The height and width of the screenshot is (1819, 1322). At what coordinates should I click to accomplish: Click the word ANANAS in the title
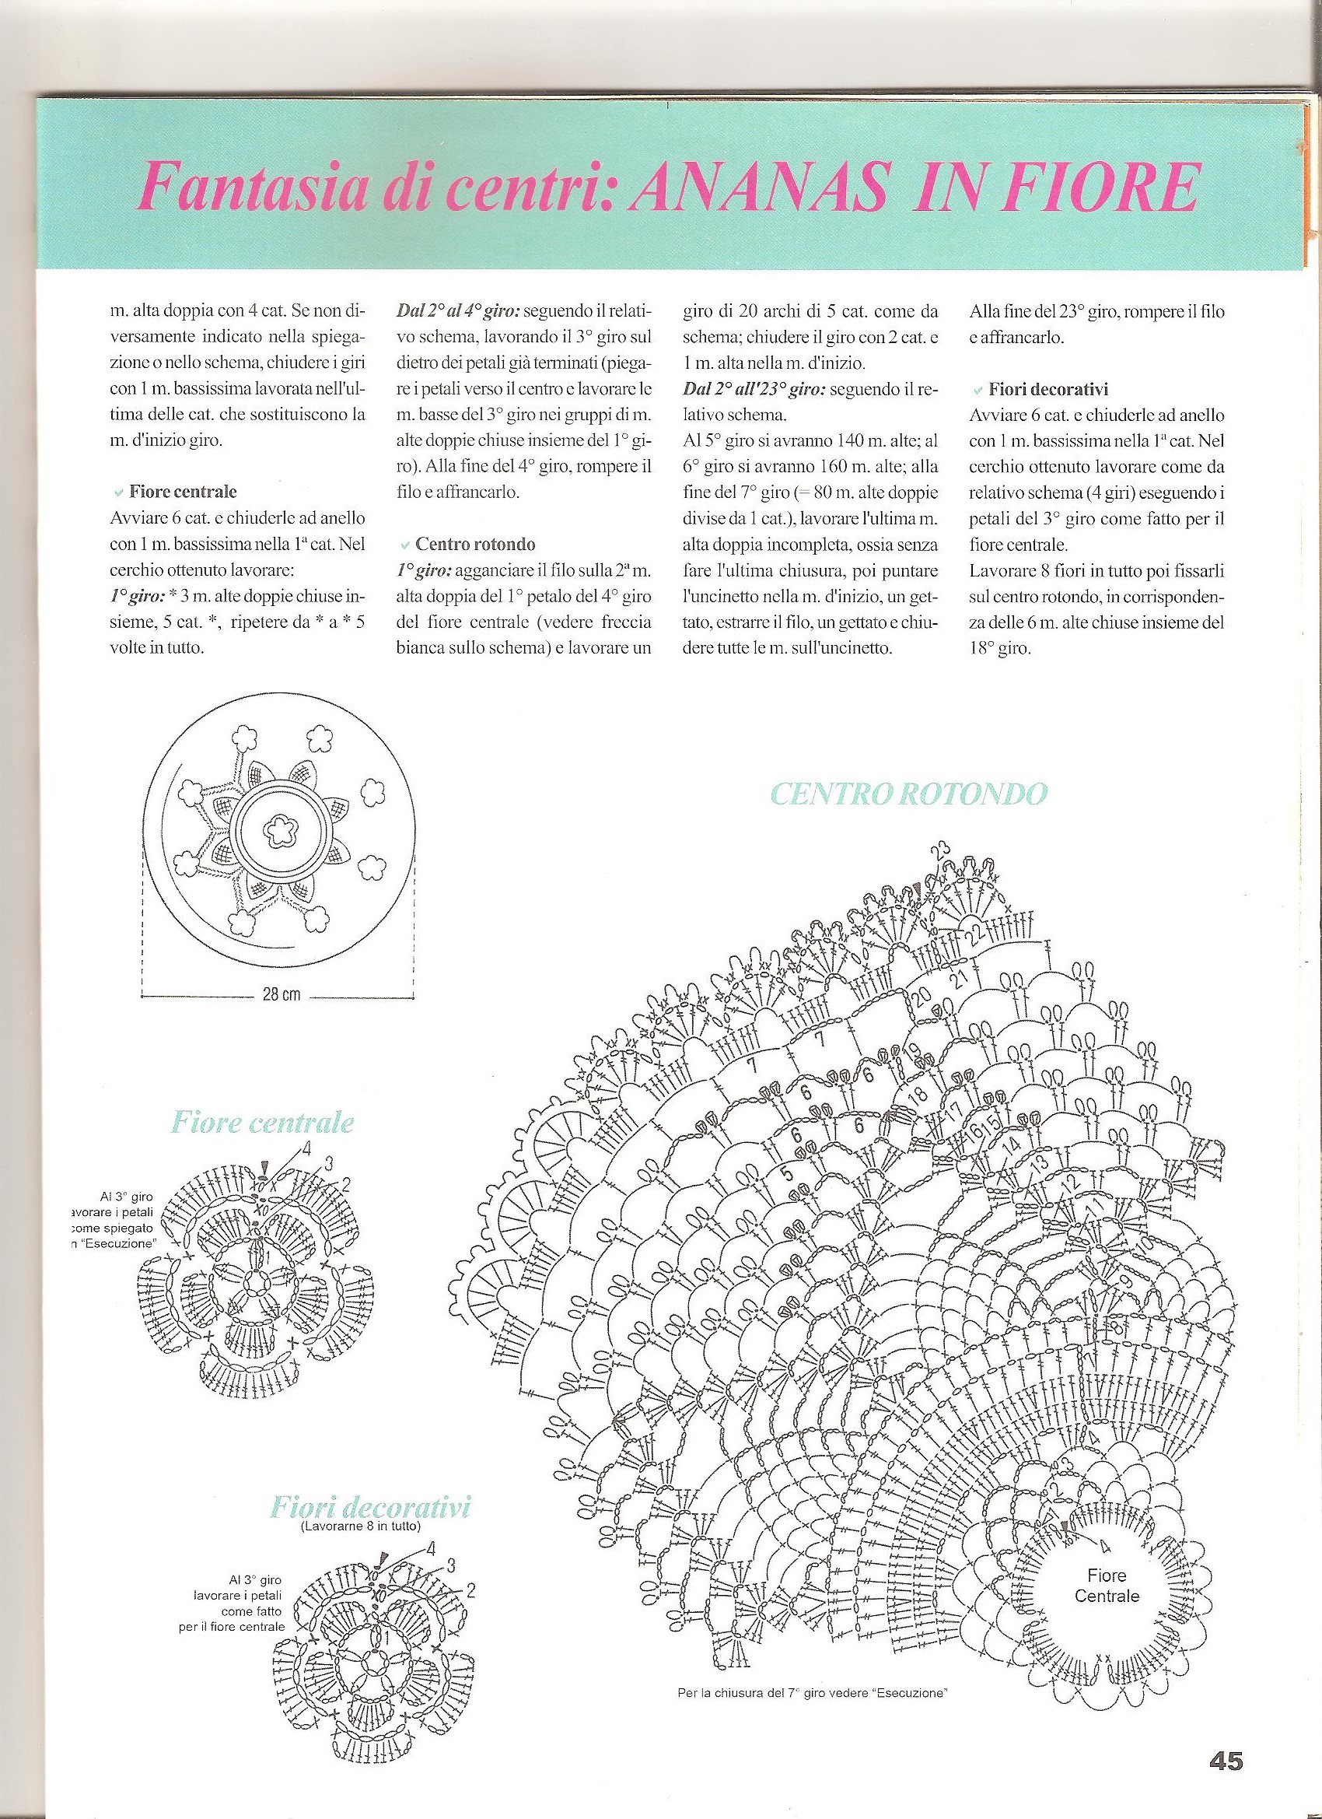[761, 186]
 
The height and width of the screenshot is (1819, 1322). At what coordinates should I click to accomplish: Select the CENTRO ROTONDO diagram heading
[908, 794]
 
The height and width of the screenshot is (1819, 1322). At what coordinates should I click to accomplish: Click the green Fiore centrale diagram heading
[262, 1122]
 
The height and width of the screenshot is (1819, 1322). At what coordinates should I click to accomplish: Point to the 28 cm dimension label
[281, 995]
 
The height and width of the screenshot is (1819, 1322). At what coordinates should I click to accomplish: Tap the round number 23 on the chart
[940, 850]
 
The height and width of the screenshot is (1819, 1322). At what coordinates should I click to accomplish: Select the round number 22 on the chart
[976, 929]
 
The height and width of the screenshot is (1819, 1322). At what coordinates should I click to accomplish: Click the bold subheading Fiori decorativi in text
[1047, 389]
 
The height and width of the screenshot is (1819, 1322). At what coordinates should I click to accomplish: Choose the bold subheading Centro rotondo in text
[474, 545]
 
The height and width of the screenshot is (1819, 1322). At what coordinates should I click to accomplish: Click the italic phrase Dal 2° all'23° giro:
[754, 389]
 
